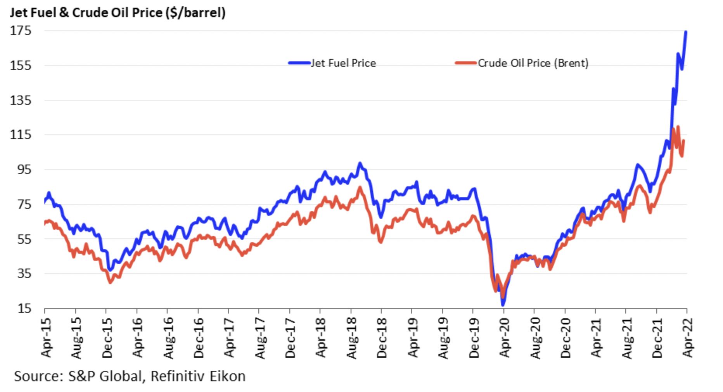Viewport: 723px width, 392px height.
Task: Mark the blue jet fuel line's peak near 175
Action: [x=686, y=32]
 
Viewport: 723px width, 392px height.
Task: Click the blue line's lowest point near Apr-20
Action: [x=503, y=304]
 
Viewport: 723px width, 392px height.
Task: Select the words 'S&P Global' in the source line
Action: [x=105, y=376]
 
